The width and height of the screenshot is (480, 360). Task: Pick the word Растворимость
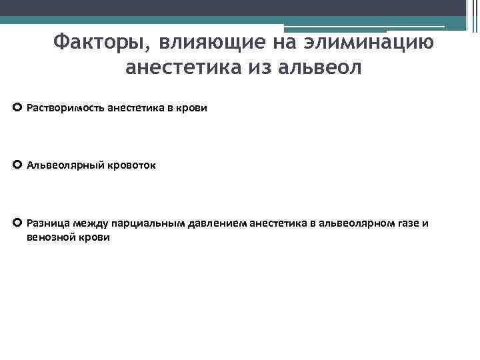coord(65,107)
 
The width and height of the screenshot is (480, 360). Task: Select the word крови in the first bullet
coord(193,107)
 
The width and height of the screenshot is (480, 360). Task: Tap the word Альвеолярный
coord(63,165)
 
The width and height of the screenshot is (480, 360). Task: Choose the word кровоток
coord(130,165)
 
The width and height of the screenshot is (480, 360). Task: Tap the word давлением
coord(207,223)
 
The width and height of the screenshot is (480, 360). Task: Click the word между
coord(87,223)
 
